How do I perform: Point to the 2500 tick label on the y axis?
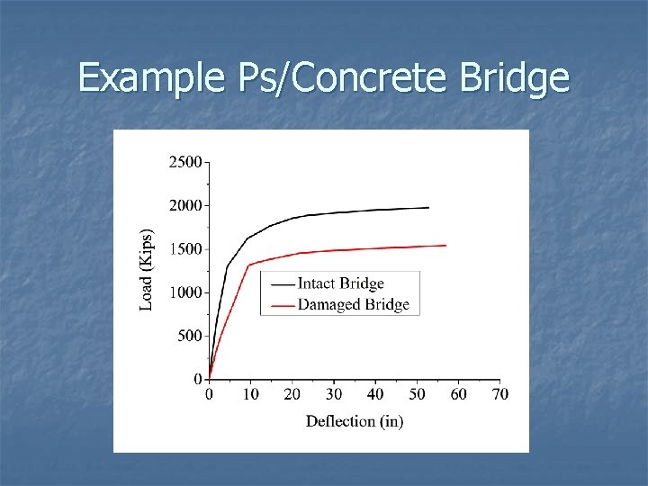(185, 162)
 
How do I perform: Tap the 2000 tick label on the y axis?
(185, 205)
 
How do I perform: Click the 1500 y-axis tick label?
(185, 249)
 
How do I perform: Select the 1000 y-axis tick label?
(185, 292)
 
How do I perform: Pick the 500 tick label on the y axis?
(190, 336)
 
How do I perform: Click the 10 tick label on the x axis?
(251, 394)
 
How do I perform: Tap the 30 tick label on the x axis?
(334, 394)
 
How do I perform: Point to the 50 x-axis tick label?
(417, 394)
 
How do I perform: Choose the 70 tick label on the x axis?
(499, 394)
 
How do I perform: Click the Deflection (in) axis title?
(355, 421)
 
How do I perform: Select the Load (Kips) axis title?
(147, 268)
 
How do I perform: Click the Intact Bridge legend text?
(340, 283)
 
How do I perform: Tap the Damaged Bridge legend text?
(353, 304)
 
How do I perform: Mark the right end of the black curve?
(428, 208)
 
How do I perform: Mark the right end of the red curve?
(445, 245)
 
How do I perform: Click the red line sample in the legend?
(281, 305)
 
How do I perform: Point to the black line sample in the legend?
(281, 284)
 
